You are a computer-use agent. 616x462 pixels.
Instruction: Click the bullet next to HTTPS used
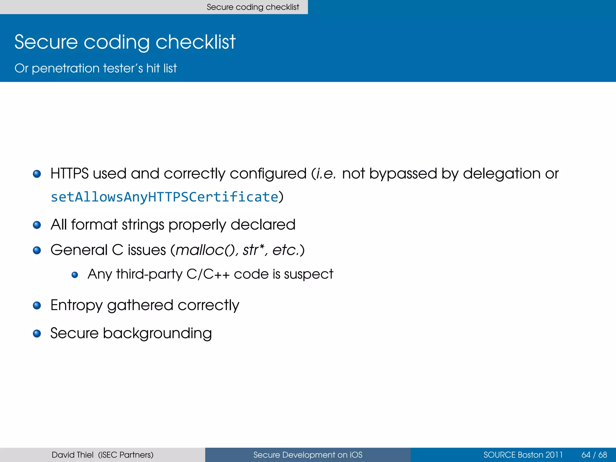37,174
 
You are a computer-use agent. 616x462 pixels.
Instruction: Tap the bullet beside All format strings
37,225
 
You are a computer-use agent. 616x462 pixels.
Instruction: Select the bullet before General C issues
37,250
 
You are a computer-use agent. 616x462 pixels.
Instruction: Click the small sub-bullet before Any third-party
75,275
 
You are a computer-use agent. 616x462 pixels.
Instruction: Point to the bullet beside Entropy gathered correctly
37,306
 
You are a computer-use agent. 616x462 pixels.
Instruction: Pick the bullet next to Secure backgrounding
37,334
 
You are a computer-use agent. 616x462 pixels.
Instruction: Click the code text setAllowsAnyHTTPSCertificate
164,197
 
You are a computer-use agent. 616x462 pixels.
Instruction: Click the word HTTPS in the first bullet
69,174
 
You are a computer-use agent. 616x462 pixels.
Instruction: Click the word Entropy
76,305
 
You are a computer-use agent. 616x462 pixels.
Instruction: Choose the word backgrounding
157,333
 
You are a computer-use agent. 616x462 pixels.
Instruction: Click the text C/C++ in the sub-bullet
208,274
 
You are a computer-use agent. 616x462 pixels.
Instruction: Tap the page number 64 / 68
594,455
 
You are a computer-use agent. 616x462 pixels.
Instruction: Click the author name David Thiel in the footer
72,455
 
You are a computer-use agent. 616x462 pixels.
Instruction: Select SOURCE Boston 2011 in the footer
523,455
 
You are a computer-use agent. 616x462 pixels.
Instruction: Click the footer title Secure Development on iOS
308,455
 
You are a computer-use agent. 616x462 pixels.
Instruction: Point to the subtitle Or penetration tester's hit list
96,68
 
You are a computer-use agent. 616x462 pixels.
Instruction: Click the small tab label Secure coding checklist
253,7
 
